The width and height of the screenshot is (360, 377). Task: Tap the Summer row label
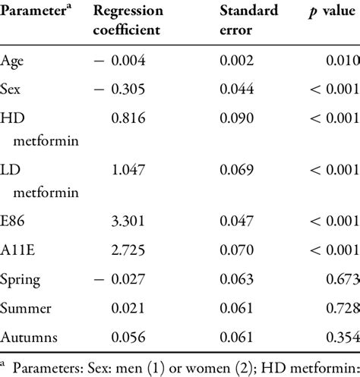point(26,309)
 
